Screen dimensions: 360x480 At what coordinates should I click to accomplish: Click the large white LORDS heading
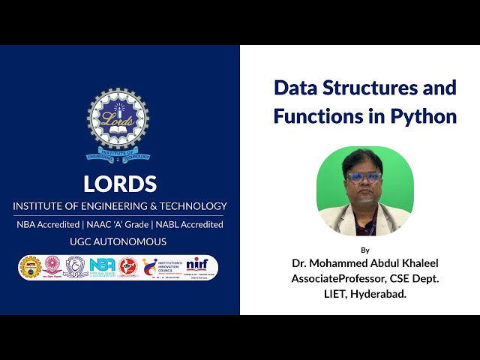[x=120, y=184]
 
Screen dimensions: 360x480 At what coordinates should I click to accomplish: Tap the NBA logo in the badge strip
[x=101, y=267]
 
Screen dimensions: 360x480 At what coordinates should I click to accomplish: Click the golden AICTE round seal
[x=29, y=267]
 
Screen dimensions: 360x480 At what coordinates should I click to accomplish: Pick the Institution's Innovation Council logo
[x=159, y=267]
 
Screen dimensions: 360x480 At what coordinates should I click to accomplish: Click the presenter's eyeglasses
[x=364, y=178]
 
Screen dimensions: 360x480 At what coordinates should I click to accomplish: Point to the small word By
[x=365, y=250]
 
